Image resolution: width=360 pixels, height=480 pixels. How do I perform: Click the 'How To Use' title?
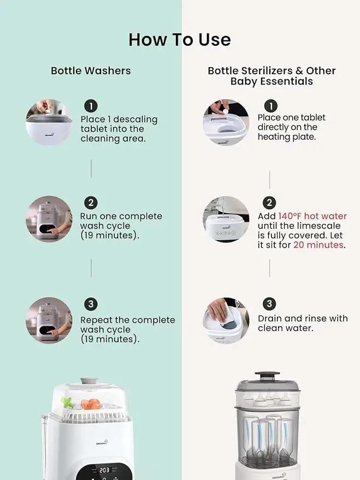tap(180, 40)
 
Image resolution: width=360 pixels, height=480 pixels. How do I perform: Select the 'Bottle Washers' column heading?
tap(91, 70)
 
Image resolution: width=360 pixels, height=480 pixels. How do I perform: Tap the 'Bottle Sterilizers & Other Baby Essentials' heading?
tap(272, 76)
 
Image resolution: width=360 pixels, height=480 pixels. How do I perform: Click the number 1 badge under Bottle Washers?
tap(91, 106)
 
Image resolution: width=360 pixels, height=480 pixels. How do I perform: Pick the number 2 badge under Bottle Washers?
tap(91, 203)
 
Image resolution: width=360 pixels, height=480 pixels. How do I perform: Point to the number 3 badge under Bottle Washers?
tap(91, 304)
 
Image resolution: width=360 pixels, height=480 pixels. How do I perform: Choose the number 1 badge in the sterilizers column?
tap(271, 106)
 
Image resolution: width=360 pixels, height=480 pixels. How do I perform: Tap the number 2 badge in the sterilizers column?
tap(269, 203)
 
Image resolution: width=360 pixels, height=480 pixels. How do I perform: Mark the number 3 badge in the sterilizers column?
tap(269, 304)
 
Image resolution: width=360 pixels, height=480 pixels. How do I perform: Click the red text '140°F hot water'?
tap(312, 216)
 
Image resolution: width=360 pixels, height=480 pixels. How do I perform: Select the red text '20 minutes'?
tap(318, 245)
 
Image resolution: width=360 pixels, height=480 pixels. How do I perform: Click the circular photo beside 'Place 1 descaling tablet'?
tap(49, 122)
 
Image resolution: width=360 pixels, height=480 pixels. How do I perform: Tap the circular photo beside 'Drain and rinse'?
tap(226, 321)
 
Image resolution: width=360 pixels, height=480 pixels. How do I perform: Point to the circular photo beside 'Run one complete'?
tap(49, 219)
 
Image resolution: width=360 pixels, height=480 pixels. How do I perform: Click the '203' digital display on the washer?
tap(104, 470)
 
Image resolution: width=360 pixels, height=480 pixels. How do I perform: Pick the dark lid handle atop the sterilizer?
tap(267, 376)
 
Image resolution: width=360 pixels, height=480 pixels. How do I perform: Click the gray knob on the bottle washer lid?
tap(89, 381)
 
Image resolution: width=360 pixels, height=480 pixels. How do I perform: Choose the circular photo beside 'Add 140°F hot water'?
tap(226, 219)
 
